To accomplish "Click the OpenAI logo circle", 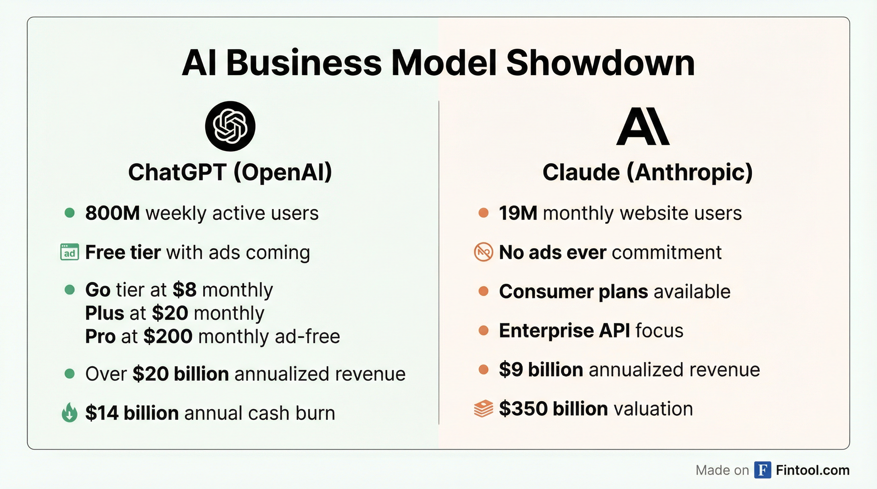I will tap(230, 126).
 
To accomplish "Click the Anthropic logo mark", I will tap(643, 126).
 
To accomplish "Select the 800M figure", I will tap(112, 213).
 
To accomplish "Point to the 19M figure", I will tap(518, 213).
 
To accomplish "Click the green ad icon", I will tap(69, 252).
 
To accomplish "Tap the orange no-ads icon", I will tap(483, 252).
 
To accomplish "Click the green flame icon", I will tap(69, 413).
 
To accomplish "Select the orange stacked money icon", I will tap(483, 408).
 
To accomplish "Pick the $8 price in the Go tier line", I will tap(185, 290).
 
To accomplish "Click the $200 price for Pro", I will tap(168, 336).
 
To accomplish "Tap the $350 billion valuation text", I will tap(553, 408).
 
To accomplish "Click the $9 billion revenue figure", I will tap(540, 370).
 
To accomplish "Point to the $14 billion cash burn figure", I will tap(132, 413).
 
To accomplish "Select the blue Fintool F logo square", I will tap(763, 470).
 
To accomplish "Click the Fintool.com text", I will tap(813, 470).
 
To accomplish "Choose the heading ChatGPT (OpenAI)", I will tap(230, 172).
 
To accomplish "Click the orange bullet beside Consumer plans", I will tap(483, 291).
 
